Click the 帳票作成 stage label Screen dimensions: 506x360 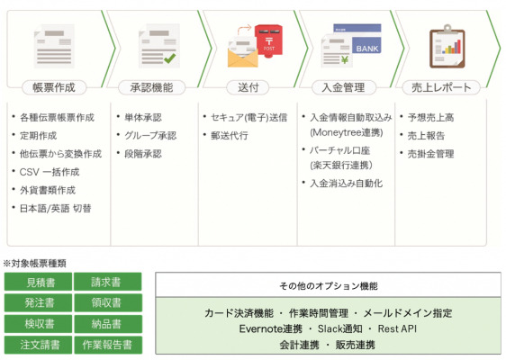click(54, 87)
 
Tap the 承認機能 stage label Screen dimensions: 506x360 click(151, 87)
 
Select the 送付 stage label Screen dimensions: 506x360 click(248, 87)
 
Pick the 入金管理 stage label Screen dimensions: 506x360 click(343, 87)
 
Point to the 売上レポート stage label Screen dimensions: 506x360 click(441, 87)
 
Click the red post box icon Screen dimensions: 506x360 click(268, 41)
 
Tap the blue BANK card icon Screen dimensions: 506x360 click(366, 46)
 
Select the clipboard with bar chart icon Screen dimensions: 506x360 click(447, 46)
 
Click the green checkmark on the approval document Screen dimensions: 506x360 click(169, 58)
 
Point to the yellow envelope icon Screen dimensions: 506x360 click(243, 57)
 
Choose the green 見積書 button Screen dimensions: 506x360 click(38, 282)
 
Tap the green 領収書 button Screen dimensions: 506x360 click(108, 302)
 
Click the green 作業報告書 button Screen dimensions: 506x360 click(108, 345)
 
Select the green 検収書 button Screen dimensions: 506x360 click(38, 323)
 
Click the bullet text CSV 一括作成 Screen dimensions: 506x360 click(50, 172)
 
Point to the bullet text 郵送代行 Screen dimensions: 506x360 click(230, 136)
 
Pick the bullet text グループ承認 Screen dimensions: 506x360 click(150, 136)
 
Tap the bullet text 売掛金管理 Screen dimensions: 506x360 click(430, 154)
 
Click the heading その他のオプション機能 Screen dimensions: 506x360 click(329, 286)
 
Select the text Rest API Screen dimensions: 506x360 click(397, 328)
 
